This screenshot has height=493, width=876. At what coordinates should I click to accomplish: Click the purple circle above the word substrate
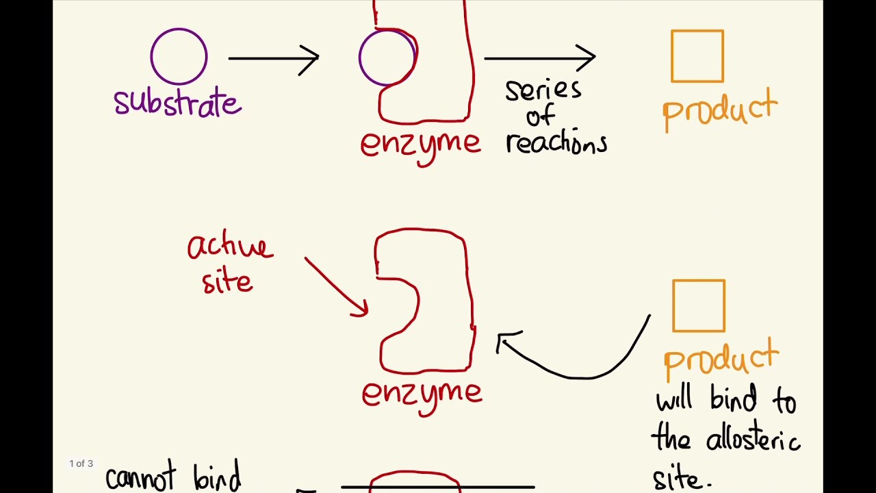179,57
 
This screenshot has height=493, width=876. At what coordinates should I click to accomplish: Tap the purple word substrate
177,103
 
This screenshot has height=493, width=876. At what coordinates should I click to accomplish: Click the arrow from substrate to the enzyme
274,58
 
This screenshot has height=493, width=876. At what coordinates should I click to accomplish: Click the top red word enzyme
421,144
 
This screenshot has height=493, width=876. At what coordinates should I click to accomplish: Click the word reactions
556,143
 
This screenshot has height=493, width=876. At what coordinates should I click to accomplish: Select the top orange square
697,56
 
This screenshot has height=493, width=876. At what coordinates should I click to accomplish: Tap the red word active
230,246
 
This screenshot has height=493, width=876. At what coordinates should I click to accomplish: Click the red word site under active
227,281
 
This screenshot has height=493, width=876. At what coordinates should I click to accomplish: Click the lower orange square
698,305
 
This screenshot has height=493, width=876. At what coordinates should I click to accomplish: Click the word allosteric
752,439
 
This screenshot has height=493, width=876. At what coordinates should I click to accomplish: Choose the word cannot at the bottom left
140,479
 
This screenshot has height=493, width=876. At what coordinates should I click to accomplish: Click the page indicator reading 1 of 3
81,464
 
